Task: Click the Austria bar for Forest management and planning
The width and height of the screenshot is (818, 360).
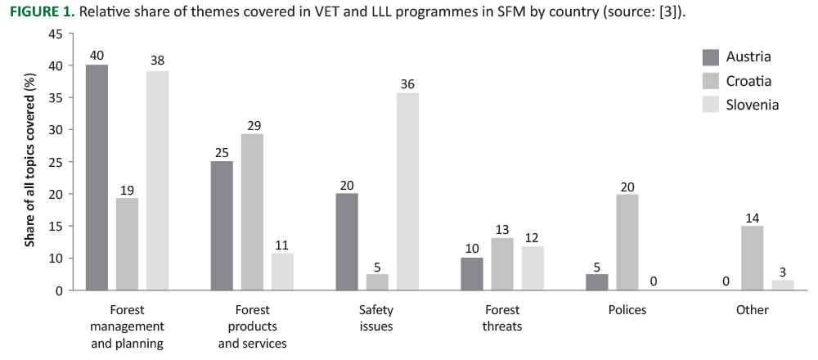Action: pyautogui.click(x=97, y=177)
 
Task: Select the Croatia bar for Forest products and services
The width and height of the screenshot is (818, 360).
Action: pyautogui.click(x=251, y=212)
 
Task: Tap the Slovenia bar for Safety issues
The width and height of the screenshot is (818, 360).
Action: pyautogui.click(x=407, y=191)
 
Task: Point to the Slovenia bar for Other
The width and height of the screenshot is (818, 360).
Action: pyautogui.click(x=782, y=285)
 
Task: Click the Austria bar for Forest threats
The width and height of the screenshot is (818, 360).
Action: pyautogui.click(x=471, y=274)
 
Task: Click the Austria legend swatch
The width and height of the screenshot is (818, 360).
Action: pyautogui.click(x=711, y=57)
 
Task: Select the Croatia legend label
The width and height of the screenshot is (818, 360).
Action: pyautogui.click(x=748, y=81)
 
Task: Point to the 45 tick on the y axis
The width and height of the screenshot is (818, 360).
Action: pyautogui.click(x=56, y=34)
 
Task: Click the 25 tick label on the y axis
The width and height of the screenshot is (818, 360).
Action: pyautogui.click(x=56, y=162)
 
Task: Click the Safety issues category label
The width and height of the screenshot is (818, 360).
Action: pyautogui.click(x=376, y=318)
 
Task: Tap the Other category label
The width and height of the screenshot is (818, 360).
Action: pyautogui.click(x=752, y=310)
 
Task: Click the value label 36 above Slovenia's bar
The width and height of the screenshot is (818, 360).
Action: pyautogui.click(x=408, y=83)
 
